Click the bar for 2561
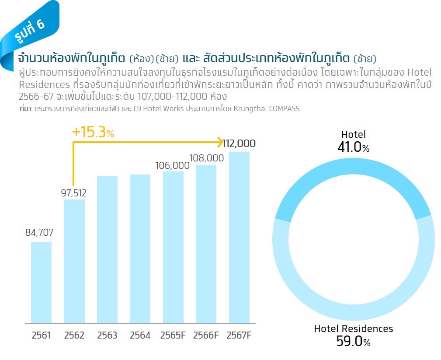click(41, 282)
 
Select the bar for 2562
click(74, 261)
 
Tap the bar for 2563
click(107, 249)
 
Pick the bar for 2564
click(140, 248)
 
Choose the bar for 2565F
click(173, 247)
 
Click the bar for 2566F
click(206, 244)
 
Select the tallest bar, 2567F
click(239, 237)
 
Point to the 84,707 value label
click(39, 232)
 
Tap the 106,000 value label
click(172, 165)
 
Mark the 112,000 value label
click(239, 143)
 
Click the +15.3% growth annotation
click(93, 133)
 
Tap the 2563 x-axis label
click(107, 336)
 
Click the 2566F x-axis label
click(206, 336)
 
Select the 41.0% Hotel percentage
click(353, 147)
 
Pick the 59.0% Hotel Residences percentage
click(353, 341)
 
